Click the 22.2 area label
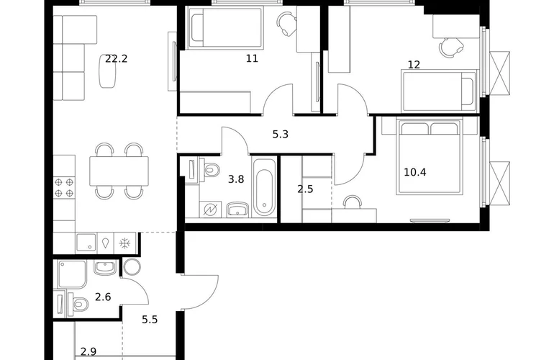pyautogui.click(x=117, y=59)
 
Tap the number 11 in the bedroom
pyautogui.click(x=252, y=58)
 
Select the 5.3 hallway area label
pyautogui.click(x=280, y=135)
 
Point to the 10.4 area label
pyautogui.click(x=415, y=172)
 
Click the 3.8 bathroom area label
pyautogui.click(x=236, y=179)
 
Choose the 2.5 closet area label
pyautogui.click(x=305, y=189)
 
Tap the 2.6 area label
pyautogui.click(x=103, y=297)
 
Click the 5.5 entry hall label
pyautogui.click(x=150, y=320)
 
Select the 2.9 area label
pyautogui.click(x=88, y=351)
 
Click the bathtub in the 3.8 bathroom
pyautogui.click(x=265, y=187)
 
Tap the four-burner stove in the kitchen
pyautogui.click(x=64, y=187)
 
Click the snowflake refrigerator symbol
pyautogui.click(x=124, y=243)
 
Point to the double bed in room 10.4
pyautogui.click(x=429, y=157)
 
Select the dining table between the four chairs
pyautogui.click(x=119, y=171)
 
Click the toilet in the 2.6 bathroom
pyautogui.click(x=78, y=303)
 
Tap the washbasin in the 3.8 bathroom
pyautogui.click(x=238, y=210)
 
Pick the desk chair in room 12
pyautogui.click(x=451, y=48)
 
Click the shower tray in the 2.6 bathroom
pyautogui.click(x=72, y=274)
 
